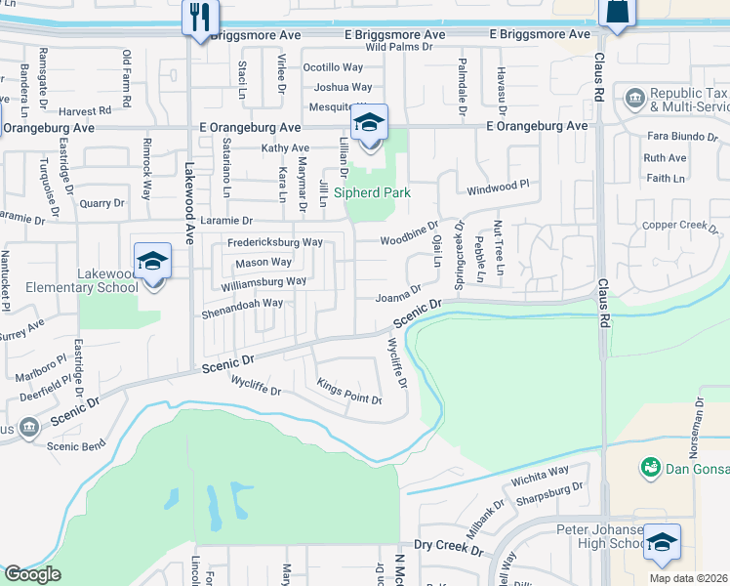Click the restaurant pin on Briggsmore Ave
[201, 18]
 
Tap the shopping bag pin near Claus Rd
[618, 12]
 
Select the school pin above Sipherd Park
[369, 124]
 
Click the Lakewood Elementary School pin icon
[153, 263]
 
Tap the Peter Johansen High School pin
[662, 543]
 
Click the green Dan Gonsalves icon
[649, 468]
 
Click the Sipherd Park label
[372, 192]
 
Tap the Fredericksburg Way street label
[274, 241]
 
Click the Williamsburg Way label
[264, 282]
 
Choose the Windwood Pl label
[498, 184]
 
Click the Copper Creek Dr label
[680, 226]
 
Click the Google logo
[32, 574]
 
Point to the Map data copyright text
[689, 578]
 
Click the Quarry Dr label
[102, 203]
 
